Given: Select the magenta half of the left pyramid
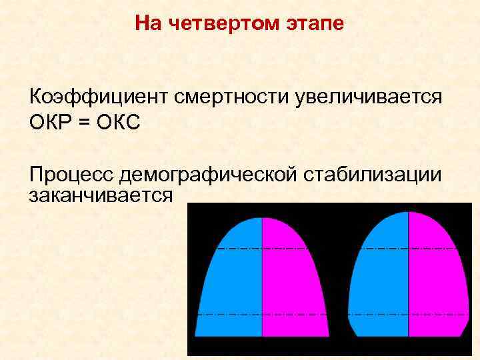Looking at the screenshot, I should pos(290,280).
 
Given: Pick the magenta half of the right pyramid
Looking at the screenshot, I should pos(437,280).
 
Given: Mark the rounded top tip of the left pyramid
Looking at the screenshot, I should pos(262,219).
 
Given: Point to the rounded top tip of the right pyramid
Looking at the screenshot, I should pos(408,214).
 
